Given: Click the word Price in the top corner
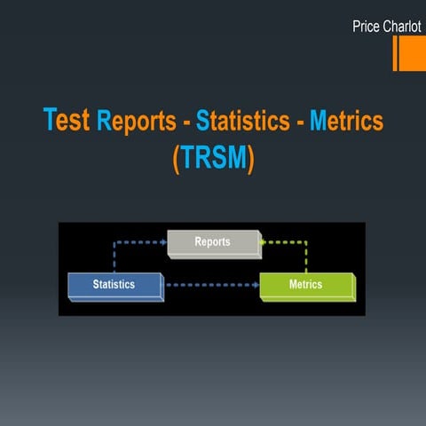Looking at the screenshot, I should [x=366, y=28].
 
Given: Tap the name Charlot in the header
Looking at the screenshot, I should [x=403, y=28].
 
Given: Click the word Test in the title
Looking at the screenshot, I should [x=67, y=120].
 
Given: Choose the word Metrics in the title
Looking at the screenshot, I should [x=346, y=121].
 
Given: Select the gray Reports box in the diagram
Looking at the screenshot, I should [x=213, y=242].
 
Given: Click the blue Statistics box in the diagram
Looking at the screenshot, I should [x=114, y=285].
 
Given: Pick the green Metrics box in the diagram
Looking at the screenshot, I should [x=305, y=285].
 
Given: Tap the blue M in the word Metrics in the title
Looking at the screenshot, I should [x=318, y=121].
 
